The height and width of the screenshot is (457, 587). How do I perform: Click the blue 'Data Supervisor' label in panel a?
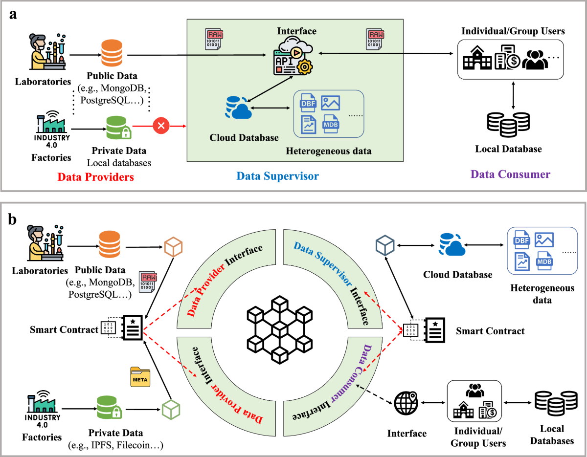click(x=278, y=175)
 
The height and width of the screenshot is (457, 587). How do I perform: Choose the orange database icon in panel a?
click(x=112, y=52)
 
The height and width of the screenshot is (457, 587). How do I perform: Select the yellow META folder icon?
click(x=140, y=377)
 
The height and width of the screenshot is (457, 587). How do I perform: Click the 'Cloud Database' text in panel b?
click(x=457, y=274)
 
